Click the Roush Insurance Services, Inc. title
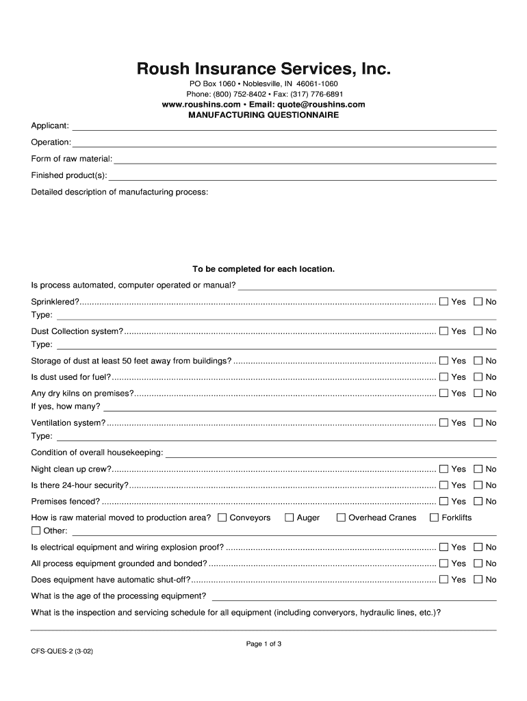point(263,69)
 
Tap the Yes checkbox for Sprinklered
point(444,302)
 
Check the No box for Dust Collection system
point(478,331)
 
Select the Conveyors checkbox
point(222,518)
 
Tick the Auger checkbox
point(289,518)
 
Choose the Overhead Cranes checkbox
point(341,518)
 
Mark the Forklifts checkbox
point(434,518)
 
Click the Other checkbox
point(36,531)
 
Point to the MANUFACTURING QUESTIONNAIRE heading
point(263,115)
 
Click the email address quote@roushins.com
point(321,105)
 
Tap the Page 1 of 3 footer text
point(263,643)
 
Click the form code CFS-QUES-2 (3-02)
point(62,653)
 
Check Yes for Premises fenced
point(444,502)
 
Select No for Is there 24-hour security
point(478,485)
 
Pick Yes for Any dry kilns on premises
point(444,394)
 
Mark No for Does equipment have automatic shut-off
point(478,580)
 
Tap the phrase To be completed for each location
point(263,269)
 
